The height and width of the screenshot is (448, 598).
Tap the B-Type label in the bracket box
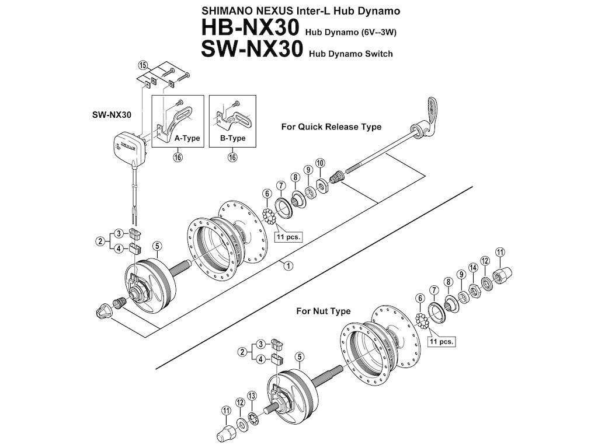(232, 138)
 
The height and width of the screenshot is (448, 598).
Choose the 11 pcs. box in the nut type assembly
(441, 341)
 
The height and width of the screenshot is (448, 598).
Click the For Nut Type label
(324, 311)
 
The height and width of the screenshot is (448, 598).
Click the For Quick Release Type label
(331, 127)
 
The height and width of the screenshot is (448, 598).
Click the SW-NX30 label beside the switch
(112, 115)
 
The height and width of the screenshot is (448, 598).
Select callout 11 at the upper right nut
(500, 252)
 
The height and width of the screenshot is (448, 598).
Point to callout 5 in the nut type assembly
(300, 356)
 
